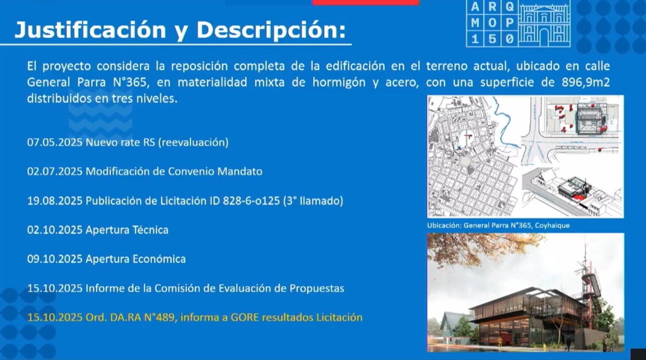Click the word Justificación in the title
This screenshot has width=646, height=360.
pyautogui.click(x=90, y=30)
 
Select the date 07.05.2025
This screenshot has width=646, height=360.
pyautogui.click(x=55, y=142)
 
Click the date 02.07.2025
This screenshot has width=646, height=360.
pyautogui.click(x=55, y=171)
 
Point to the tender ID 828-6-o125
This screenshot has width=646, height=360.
pyautogui.click(x=251, y=200)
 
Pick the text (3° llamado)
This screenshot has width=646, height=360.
pyautogui.click(x=313, y=200)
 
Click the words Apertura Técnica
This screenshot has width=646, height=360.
pyautogui.click(x=127, y=230)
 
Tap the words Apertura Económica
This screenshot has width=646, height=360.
pyautogui.click(x=136, y=259)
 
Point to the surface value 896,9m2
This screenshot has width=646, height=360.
pyautogui.click(x=585, y=83)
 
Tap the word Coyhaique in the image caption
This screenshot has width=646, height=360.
pyautogui.click(x=552, y=225)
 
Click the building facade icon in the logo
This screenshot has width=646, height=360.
pyautogui.click(x=544, y=23)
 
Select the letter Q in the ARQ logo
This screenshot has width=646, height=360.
pyautogui.click(x=510, y=6)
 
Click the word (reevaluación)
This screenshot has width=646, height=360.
pyautogui.click(x=193, y=142)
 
